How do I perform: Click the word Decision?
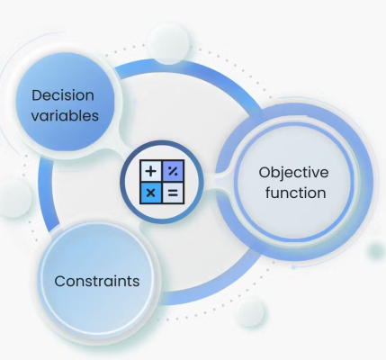click(63, 95)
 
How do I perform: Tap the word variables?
click(65, 116)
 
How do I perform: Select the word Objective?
click(293, 174)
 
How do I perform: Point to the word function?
click(295, 193)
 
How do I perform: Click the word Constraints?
click(97, 281)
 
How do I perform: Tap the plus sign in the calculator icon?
click(151, 171)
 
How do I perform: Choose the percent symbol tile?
click(173, 171)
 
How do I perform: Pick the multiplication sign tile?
click(151, 193)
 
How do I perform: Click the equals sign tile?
click(173, 193)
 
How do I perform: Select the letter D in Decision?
click(37, 95)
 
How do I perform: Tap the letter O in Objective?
click(265, 173)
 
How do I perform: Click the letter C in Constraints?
click(60, 281)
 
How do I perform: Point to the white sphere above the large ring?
click(168, 44)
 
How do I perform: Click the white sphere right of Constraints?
click(250, 311)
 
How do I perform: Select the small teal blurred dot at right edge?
click(376, 251)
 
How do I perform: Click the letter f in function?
click(268, 193)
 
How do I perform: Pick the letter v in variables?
click(35, 117)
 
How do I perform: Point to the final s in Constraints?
click(136, 283)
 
